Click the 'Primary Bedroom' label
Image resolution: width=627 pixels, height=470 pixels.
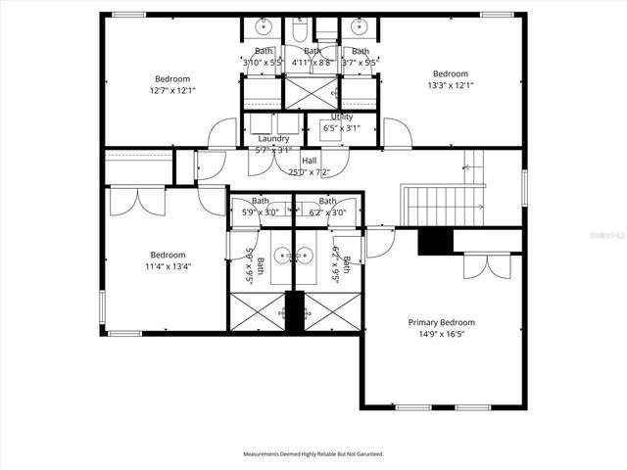(441, 322)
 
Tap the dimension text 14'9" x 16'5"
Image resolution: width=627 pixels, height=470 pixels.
(441, 334)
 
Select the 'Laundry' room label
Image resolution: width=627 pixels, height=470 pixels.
(273, 139)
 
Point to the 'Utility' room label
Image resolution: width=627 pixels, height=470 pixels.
(342, 117)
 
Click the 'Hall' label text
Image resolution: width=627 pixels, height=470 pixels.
(309, 161)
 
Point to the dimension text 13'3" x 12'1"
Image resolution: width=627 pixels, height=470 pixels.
(451, 85)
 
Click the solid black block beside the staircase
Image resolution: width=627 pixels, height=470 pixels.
(434, 242)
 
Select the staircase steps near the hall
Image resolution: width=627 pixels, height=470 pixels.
(445, 206)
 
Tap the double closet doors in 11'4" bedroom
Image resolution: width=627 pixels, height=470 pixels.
(137, 200)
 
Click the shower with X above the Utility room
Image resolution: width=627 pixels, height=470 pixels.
(311, 93)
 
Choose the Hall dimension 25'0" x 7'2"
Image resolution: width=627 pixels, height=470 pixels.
(309, 172)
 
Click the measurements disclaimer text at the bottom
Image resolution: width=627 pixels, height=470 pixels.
(313, 454)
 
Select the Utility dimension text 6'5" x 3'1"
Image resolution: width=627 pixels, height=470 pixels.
(342, 127)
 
